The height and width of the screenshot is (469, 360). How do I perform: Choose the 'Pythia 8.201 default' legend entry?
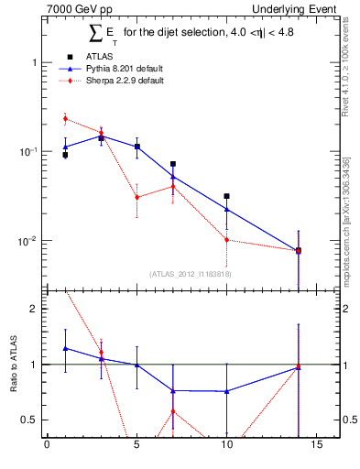(x=110, y=68)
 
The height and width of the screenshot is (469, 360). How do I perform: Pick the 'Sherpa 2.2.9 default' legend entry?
(x=110, y=81)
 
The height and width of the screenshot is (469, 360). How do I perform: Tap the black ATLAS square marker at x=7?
(x=172, y=164)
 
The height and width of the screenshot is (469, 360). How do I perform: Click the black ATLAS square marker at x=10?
(x=226, y=196)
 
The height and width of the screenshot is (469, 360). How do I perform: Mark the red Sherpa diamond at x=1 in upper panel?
(x=65, y=118)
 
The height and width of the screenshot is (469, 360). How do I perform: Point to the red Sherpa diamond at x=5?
(x=136, y=197)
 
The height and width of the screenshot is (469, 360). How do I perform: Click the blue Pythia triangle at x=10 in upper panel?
(x=226, y=209)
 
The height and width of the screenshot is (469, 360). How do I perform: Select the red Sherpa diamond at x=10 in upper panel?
(x=226, y=240)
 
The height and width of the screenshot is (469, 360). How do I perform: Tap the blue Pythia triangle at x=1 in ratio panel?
(x=65, y=348)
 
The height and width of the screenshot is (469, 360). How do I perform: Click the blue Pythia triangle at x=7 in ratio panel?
(x=172, y=390)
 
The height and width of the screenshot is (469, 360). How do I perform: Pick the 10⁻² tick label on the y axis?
(x=27, y=241)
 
